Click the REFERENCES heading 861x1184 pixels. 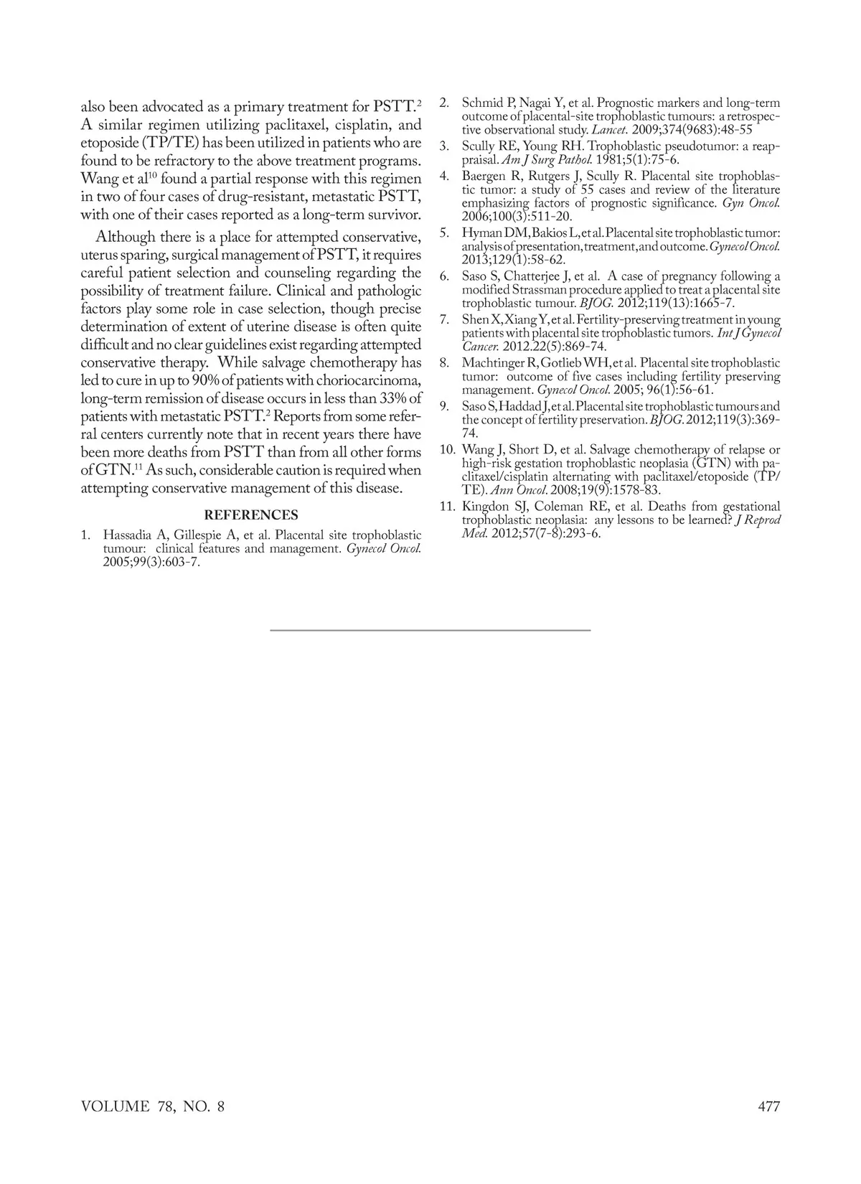(251, 515)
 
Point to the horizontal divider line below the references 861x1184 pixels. (430, 629)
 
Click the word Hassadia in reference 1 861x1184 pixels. (128, 535)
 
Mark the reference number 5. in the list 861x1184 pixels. (444, 233)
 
